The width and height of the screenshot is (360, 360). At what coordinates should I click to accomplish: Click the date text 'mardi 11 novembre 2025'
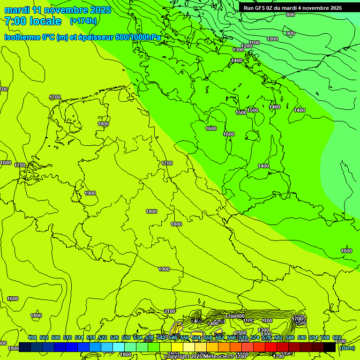(x=58, y=10)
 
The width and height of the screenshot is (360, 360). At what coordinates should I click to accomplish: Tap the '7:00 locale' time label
(x=33, y=21)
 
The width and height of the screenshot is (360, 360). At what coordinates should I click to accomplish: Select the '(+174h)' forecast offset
(x=83, y=21)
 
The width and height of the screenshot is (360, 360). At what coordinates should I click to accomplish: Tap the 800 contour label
(x=290, y=15)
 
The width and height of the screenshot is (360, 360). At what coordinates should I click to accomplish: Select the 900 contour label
(x=290, y=33)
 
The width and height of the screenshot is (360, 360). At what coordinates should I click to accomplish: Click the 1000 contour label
(x=272, y=39)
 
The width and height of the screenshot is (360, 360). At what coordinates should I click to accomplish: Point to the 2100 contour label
(x=170, y=311)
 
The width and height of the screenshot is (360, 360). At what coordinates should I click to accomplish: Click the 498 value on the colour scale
(x=32, y=337)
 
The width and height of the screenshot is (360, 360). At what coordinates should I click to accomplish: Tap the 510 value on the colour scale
(x=67, y=337)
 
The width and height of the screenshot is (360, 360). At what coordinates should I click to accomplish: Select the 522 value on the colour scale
(x=103, y=337)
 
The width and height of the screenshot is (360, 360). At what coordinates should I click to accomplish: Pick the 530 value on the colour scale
(x=126, y=337)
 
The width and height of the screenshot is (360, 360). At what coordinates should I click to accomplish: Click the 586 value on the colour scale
(x=290, y=337)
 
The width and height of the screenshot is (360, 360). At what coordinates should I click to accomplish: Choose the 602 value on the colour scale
(x=337, y=337)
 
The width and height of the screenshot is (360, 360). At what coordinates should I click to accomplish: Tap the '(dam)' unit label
(x=347, y=348)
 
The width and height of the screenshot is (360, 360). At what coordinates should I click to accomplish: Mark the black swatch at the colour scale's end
(x=330, y=347)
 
